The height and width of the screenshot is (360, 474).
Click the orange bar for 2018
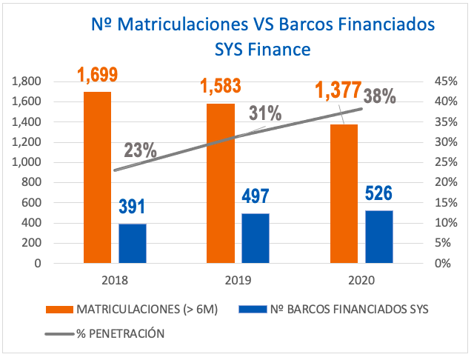(x=97, y=177)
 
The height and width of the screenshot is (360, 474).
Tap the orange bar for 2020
(x=344, y=193)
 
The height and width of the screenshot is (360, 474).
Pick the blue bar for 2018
(x=133, y=243)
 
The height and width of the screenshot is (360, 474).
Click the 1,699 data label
(x=98, y=75)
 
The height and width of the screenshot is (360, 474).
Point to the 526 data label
(x=378, y=194)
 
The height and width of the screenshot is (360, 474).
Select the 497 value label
(x=255, y=197)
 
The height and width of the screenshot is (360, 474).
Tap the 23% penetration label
(x=140, y=150)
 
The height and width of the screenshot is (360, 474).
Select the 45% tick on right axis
(x=442, y=81)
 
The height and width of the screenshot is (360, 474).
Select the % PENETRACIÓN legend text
(x=120, y=333)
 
